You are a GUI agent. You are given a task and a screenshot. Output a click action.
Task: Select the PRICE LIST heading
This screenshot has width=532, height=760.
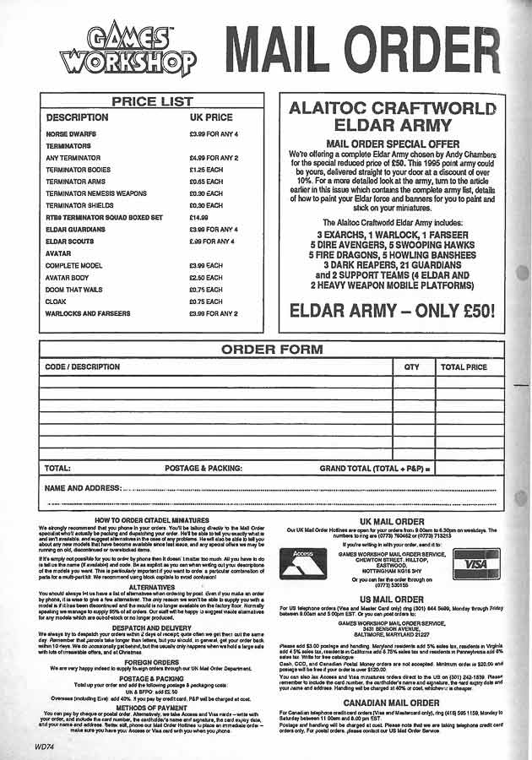pyautogui.click(x=153, y=101)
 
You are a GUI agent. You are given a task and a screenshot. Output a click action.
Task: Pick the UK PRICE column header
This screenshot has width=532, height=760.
pyautogui.click(x=211, y=117)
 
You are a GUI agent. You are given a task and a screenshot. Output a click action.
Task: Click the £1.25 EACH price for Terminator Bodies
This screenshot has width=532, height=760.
pyautogui.click(x=206, y=169)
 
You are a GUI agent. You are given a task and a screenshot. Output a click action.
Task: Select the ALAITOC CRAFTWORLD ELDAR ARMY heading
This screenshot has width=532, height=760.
pyautogui.click(x=392, y=117)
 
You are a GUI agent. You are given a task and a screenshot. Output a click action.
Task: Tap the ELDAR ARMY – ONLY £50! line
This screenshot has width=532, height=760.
pyautogui.click(x=392, y=310)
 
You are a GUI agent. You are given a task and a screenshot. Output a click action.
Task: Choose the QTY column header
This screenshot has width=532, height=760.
pyautogui.click(x=411, y=367)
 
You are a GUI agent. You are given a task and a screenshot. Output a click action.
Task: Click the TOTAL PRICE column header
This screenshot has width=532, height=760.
pyautogui.click(x=464, y=367)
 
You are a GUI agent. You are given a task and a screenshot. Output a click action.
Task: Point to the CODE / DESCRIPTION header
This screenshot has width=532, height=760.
pyautogui.click(x=82, y=367)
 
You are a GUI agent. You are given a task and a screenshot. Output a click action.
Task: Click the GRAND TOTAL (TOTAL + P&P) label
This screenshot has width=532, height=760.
pyautogui.click(x=375, y=467)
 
